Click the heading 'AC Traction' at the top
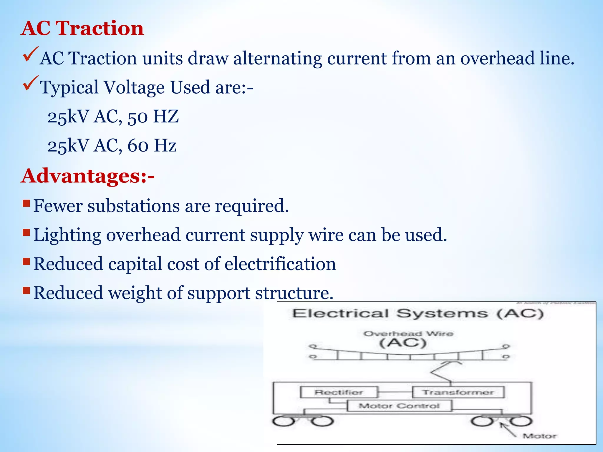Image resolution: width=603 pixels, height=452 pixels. click(82, 29)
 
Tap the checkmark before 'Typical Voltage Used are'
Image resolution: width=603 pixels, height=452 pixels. click(30, 83)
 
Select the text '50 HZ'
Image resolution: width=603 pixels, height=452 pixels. click(153, 117)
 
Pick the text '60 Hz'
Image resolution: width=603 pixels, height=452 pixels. click(152, 146)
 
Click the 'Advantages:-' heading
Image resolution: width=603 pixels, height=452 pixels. click(88, 176)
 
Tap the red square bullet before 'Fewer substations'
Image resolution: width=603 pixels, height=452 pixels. click(26, 203)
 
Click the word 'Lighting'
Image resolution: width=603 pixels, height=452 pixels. click(67, 235)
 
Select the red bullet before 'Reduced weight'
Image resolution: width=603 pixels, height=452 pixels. click(26, 291)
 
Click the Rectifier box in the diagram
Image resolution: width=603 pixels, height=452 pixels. click(339, 392)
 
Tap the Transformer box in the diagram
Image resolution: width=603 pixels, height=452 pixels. click(458, 392)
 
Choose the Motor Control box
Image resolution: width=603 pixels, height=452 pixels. click(399, 406)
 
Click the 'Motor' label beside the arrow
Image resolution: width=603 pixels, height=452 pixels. click(539, 436)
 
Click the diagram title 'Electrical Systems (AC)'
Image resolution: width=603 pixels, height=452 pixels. click(418, 314)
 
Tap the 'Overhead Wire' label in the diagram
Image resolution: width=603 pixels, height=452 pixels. click(408, 334)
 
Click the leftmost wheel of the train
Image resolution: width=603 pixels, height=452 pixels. click(283, 421)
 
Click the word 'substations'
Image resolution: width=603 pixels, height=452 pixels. click(133, 206)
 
